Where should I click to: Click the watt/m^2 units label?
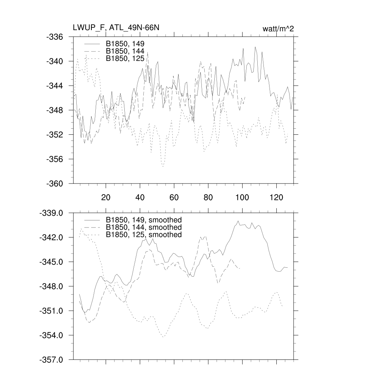278,29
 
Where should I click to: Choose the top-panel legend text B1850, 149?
125,43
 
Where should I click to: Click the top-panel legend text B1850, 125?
125,58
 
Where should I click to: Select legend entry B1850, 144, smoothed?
144,227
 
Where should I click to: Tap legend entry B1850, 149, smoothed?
144,220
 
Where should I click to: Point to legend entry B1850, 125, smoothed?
144,235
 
